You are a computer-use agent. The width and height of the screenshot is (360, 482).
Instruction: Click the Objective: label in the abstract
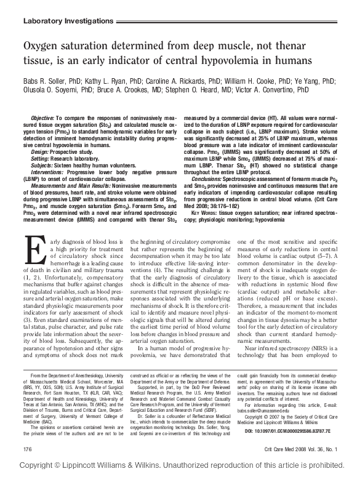coord(42,118)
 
